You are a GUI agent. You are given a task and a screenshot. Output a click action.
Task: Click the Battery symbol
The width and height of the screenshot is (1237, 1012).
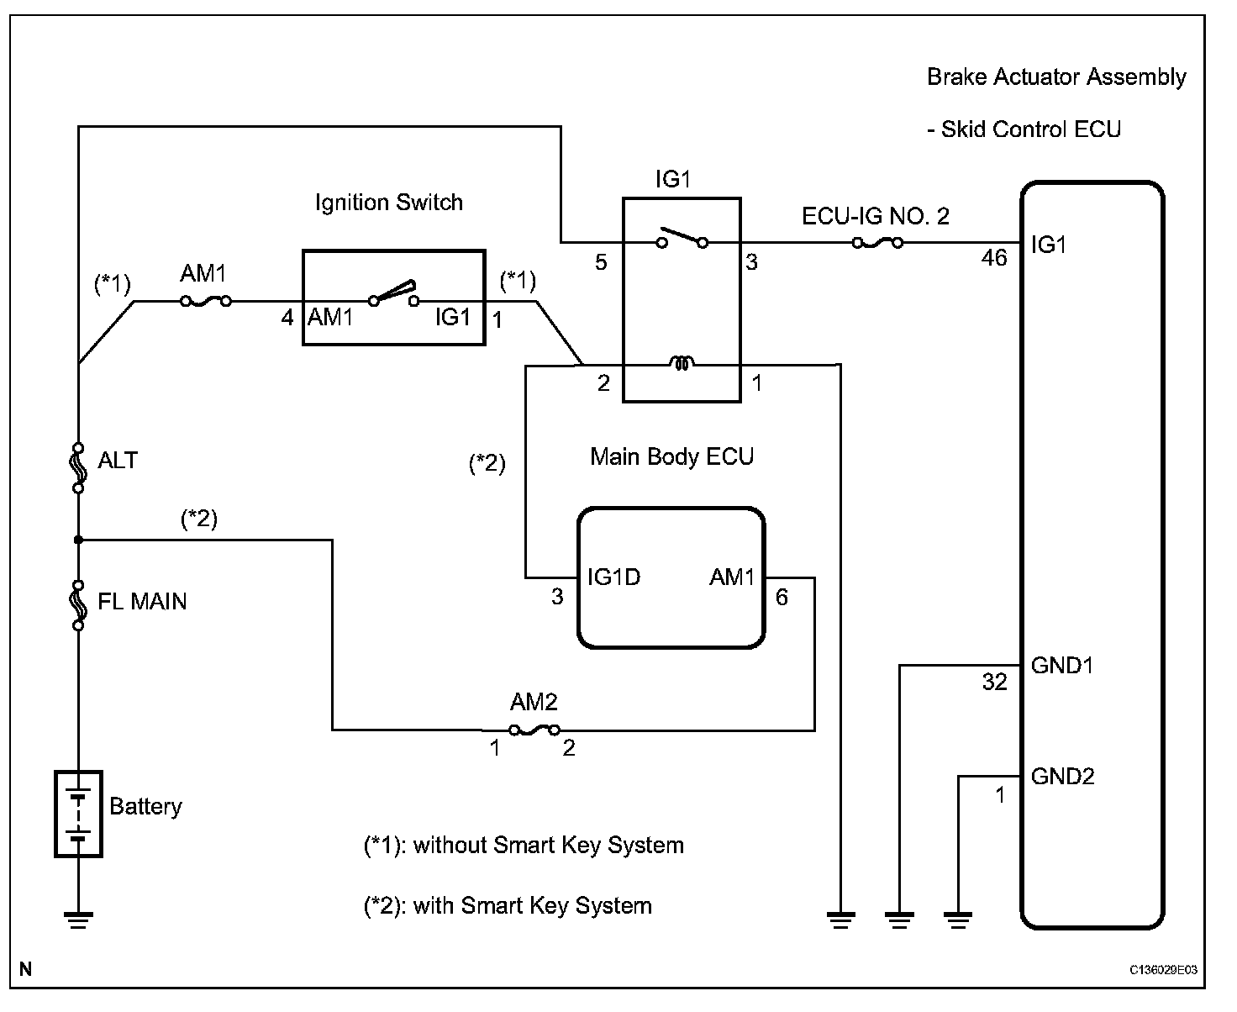pyautogui.click(x=78, y=814)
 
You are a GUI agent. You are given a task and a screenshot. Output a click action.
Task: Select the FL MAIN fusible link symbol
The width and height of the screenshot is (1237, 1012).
pyautogui.click(x=78, y=604)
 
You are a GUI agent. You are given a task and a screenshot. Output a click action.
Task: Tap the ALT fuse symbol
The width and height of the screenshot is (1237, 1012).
pyautogui.click(x=78, y=466)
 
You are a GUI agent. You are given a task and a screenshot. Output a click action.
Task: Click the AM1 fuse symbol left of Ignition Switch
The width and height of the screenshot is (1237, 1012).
pyautogui.click(x=206, y=301)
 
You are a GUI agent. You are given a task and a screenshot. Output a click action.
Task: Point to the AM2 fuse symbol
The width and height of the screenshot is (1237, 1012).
pyautogui.click(x=534, y=730)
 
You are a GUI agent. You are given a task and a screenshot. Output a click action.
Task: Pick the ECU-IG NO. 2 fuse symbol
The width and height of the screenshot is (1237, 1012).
pyautogui.click(x=877, y=243)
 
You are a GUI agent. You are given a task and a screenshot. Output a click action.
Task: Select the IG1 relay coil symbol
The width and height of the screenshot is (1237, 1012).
pyautogui.click(x=682, y=364)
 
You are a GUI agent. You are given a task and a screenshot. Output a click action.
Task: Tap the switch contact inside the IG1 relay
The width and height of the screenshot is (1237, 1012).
pyautogui.click(x=682, y=238)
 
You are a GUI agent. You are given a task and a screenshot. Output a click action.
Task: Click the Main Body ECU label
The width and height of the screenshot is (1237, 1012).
pyautogui.click(x=671, y=456)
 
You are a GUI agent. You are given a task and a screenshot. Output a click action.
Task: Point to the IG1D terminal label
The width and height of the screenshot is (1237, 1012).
pyautogui.click(x=614, y=577)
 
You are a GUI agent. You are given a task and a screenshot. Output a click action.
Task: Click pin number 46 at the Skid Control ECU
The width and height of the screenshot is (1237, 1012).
pyautogui.click(x=994, y=258)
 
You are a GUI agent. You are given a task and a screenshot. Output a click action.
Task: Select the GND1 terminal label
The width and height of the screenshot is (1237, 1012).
pyautogui.click(x=1062, y=666)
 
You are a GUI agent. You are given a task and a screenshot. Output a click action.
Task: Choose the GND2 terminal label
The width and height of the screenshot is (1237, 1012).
pyautogui.click(x=1062, y=776)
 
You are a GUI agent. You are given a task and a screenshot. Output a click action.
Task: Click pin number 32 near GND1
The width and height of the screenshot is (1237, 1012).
pyautogui.click(x=994, y=682)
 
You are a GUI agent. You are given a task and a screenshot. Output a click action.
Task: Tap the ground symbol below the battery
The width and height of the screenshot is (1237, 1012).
pyautogui.click(x=78, y=920)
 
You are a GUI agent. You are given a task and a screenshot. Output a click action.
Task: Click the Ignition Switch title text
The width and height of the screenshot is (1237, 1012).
pyautogui.click(x=388, y=203)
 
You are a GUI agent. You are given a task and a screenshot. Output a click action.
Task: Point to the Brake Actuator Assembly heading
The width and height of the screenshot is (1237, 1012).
pyautogui.click(x=1056, y=77)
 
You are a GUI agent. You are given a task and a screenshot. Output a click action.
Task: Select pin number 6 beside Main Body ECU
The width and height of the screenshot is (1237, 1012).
pyautogui.click(x=782, y=597)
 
